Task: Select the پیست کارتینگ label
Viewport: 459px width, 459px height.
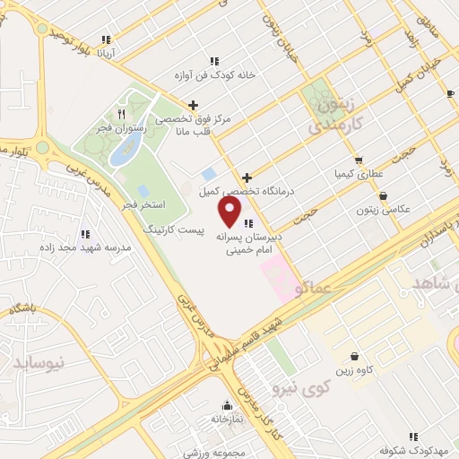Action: [x=175, y=230]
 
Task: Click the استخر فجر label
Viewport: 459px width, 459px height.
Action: [x=146, y=205]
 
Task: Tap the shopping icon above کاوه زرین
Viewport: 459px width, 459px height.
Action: [x=355, y=356]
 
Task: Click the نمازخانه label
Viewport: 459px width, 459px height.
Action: [x=228, y=418]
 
